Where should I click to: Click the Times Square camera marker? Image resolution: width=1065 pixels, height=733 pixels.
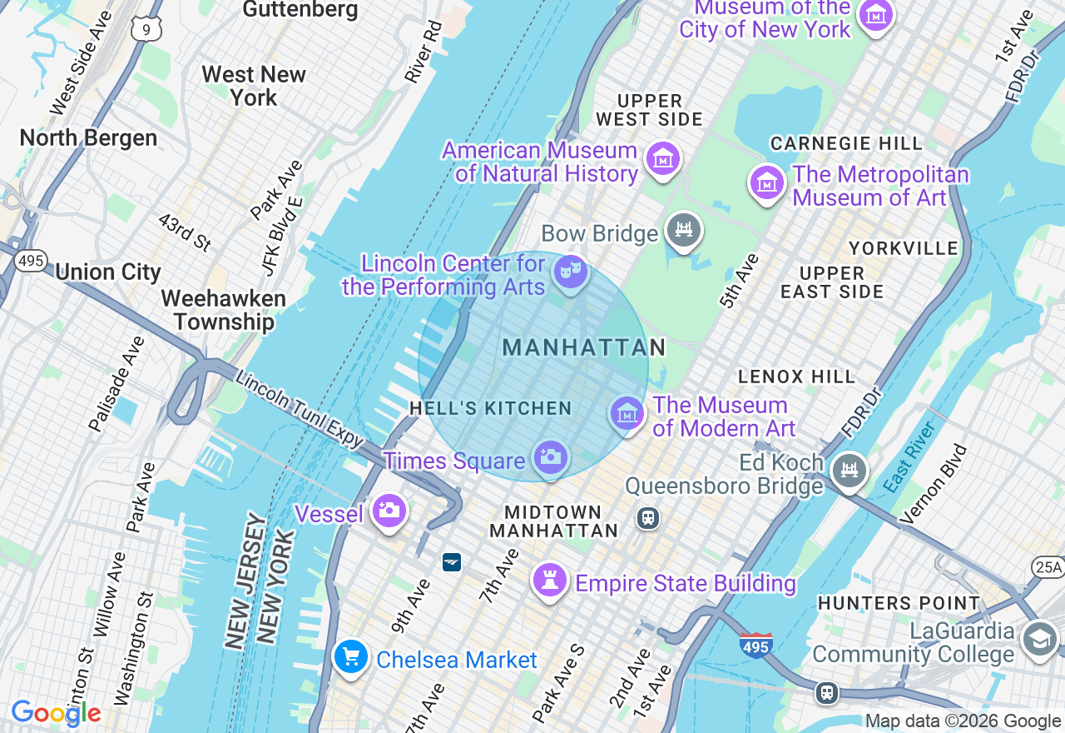[551, 457]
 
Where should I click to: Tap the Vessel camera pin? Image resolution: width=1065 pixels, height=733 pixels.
[389, 511]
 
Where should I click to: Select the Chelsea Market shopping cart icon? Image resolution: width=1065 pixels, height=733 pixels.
[351, 657]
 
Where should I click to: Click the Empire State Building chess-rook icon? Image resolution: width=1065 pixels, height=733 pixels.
[550, 581]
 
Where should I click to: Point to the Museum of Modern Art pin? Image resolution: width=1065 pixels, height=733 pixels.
[627, 413]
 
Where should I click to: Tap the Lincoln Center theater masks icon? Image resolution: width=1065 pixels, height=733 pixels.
[570, 272]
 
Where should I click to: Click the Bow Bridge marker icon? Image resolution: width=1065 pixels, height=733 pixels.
[684, 231]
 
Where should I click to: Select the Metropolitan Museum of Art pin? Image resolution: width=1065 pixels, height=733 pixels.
[766, 182]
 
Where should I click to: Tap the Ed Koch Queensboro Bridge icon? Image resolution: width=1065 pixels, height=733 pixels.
[850, 471]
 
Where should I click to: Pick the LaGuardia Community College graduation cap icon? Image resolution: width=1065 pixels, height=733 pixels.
[1040, 640]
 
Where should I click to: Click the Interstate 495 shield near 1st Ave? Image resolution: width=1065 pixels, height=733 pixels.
[755, 645]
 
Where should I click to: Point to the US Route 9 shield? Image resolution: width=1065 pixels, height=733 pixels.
[146, 30]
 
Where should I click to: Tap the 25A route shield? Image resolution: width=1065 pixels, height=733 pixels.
[1048, 567]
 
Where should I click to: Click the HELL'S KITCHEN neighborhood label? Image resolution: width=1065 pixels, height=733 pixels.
[490, 408]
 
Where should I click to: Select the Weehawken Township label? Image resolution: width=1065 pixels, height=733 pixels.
[223, 310]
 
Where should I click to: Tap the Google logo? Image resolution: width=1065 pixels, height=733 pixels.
[56, 713]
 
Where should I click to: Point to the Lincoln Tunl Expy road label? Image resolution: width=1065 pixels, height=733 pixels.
[300, 409]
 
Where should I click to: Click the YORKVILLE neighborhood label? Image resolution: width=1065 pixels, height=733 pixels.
[904, 248]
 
